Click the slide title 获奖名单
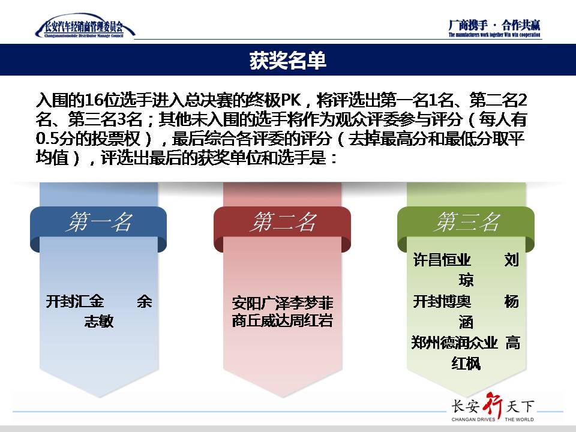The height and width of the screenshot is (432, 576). click(x=287, y=60)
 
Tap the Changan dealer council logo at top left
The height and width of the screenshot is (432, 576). click(x=85, y=26)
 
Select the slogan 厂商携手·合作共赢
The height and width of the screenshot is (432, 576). click(x=494, y=25)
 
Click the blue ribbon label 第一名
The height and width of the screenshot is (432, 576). click(x=98, y=222)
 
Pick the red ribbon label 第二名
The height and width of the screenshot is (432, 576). click(x=282, y=222)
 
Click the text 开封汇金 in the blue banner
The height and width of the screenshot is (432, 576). click(x=75, y=302)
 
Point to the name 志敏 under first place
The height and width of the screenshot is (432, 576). click(x=99, y=321)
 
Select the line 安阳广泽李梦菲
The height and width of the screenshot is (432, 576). click(x=283, y=303)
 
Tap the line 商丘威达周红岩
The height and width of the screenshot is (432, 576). click(x=283, y=320)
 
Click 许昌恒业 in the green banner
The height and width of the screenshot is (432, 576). click(x=442, y=260)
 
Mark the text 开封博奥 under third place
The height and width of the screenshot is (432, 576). click(x=442, y=302)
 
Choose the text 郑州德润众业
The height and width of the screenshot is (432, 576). click(x=454, y=343)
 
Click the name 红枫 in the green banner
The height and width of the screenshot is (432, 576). click(x=466, y=364)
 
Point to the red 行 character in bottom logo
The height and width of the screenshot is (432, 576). click(x=493, y=406)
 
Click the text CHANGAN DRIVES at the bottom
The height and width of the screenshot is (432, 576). click(x=473, y=419)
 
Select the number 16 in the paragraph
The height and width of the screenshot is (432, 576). click(x=94, y=100)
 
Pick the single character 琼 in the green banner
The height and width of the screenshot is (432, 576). click(x=466, y=280)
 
